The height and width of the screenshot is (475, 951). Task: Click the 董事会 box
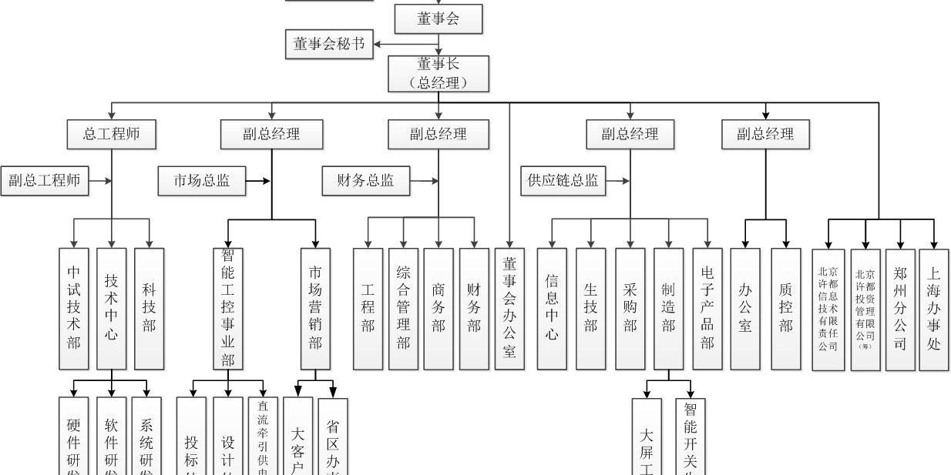pyautogui.click(x=439, y=19)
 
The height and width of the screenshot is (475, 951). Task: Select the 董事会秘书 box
pyautogui.click(x=328, y=45)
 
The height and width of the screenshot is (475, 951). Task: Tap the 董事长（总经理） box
pyautogui.click(x=439, y=73)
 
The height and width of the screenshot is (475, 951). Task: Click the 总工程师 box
pyautogui.click(x=112, y=134)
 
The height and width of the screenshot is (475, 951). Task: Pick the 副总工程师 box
pyautogui.click(x=45, y=182)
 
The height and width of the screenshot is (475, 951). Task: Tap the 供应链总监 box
pyautogui.click(x=563, y=182)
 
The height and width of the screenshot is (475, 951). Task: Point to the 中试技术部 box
pyautogui.click(x=74, y=308)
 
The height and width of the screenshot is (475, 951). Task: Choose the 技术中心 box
pyautogui.click(x=112, y=308)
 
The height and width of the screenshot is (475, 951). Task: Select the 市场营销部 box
pyautogui.click(x=315, y=308)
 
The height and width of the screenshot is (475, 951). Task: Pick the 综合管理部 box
pyautogui.click(x=403, y=308)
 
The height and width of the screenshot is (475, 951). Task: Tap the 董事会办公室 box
pyautogui.click(x=509, y=308)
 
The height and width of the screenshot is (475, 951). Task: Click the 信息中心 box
pyautogui.click(x=552, y=308)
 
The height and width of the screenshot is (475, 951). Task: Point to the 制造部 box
pyautogui.click(x=668, y=308)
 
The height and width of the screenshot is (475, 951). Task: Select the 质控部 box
pyautogui.click(x=785, y=308)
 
